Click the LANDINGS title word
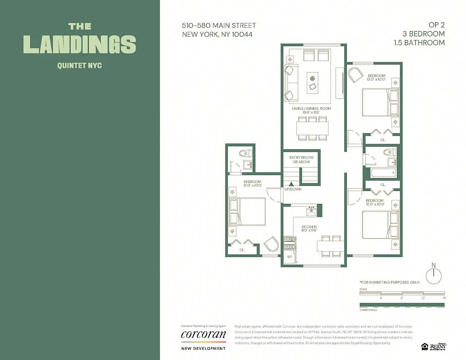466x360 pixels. pos(80,44)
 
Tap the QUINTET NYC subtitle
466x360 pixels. pos(80,65)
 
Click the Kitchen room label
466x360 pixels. pos(309,229)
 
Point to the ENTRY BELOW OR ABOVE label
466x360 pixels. pos(301,159)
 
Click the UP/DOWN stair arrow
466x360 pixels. pos(291,184)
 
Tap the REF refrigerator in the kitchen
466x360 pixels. pos(290,256)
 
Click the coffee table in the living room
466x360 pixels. pos(312,82)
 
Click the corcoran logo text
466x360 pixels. pos(203,334)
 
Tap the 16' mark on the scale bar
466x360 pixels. pos(443,298)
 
